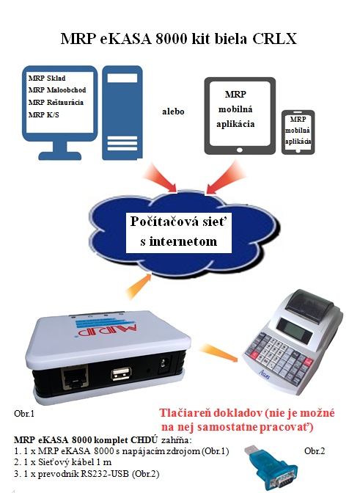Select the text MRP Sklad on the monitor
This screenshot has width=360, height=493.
point(47,78)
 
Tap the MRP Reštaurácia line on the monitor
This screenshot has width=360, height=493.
point(56,102)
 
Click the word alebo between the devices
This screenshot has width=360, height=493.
point(173,112)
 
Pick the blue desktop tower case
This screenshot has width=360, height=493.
point(122,112)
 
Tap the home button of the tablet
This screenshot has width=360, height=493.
point(240,150)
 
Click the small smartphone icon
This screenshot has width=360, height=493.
point(298,132)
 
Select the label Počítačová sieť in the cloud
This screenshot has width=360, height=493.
point(178,222)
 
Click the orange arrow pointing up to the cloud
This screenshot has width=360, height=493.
point(139,287)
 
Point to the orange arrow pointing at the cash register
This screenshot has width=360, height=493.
point(218,353)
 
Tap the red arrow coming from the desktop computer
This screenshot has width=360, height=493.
point(161,178)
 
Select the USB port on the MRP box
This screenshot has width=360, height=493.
point(121,373)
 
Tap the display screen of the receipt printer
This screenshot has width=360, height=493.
point(296,327)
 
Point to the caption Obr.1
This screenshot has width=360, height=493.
point(24,414)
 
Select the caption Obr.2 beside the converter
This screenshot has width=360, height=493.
point(315,451)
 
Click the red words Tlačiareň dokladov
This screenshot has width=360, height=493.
point(210,413)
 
